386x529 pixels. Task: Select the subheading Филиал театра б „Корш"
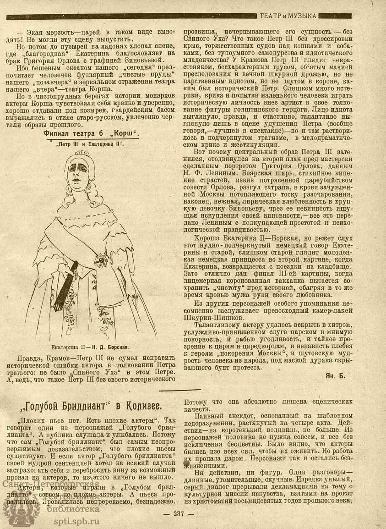[91, 133]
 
